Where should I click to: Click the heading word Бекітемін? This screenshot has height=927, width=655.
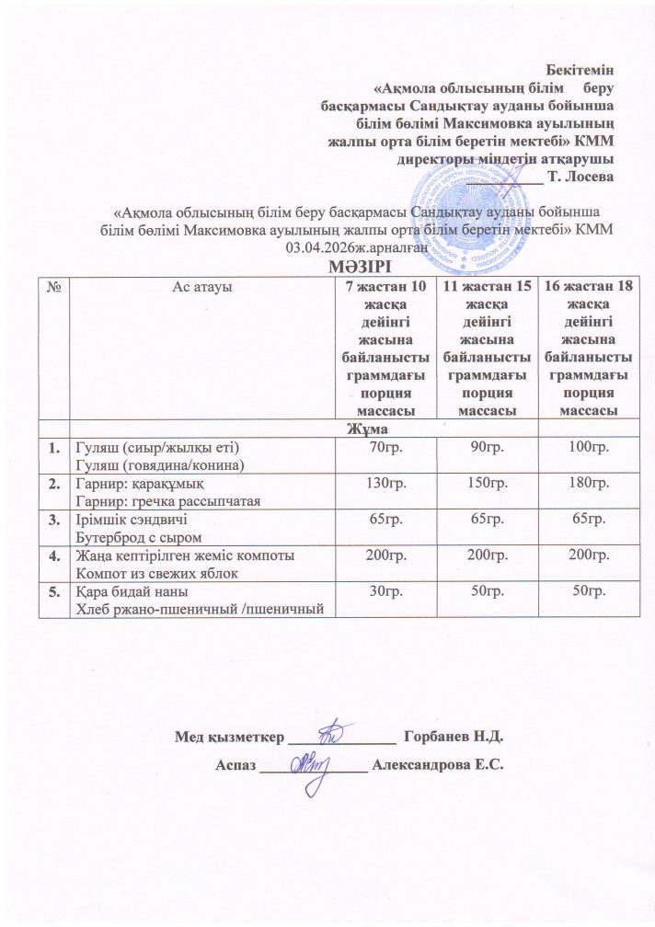pos(580,69)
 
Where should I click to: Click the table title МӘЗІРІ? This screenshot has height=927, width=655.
pos(327,267)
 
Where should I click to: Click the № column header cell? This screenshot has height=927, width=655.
pos(53,288)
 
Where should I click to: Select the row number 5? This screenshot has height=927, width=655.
pos(53,593)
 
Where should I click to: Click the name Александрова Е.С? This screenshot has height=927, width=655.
pos(441,765)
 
